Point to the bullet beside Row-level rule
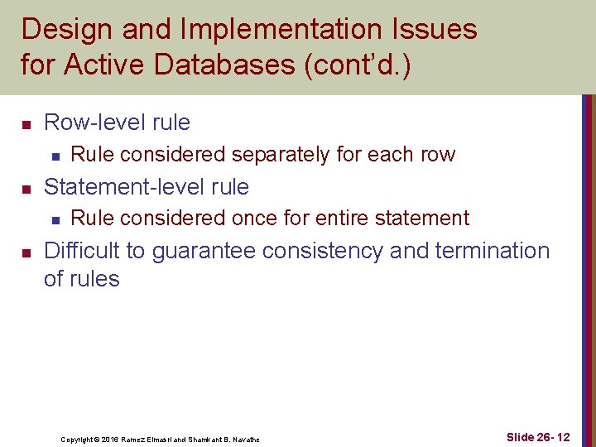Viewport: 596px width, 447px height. coord(26,124)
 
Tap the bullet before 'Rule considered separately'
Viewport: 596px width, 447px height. coord(53,155)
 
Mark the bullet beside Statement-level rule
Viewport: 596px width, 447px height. coord(26,189)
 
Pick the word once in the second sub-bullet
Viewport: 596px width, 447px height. coord(258,219)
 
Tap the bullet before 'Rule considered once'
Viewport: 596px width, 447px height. coord(53,219)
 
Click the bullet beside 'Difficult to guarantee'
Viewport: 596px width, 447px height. coord(26,252)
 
